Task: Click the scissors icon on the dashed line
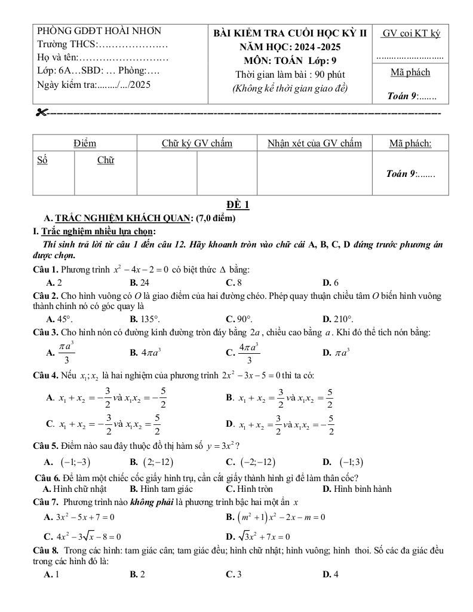click(41, 112)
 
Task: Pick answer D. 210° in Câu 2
click(338, 319)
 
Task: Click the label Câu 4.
click(45, 375)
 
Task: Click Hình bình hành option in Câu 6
click(357, 489)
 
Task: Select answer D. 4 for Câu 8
click(330, 574)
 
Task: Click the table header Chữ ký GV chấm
click(196, 143)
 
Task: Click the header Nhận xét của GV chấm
click(315, 143)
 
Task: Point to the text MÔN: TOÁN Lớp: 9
click(290, 60)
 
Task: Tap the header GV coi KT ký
click(411, 33)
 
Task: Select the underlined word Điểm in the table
click(85, 143)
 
